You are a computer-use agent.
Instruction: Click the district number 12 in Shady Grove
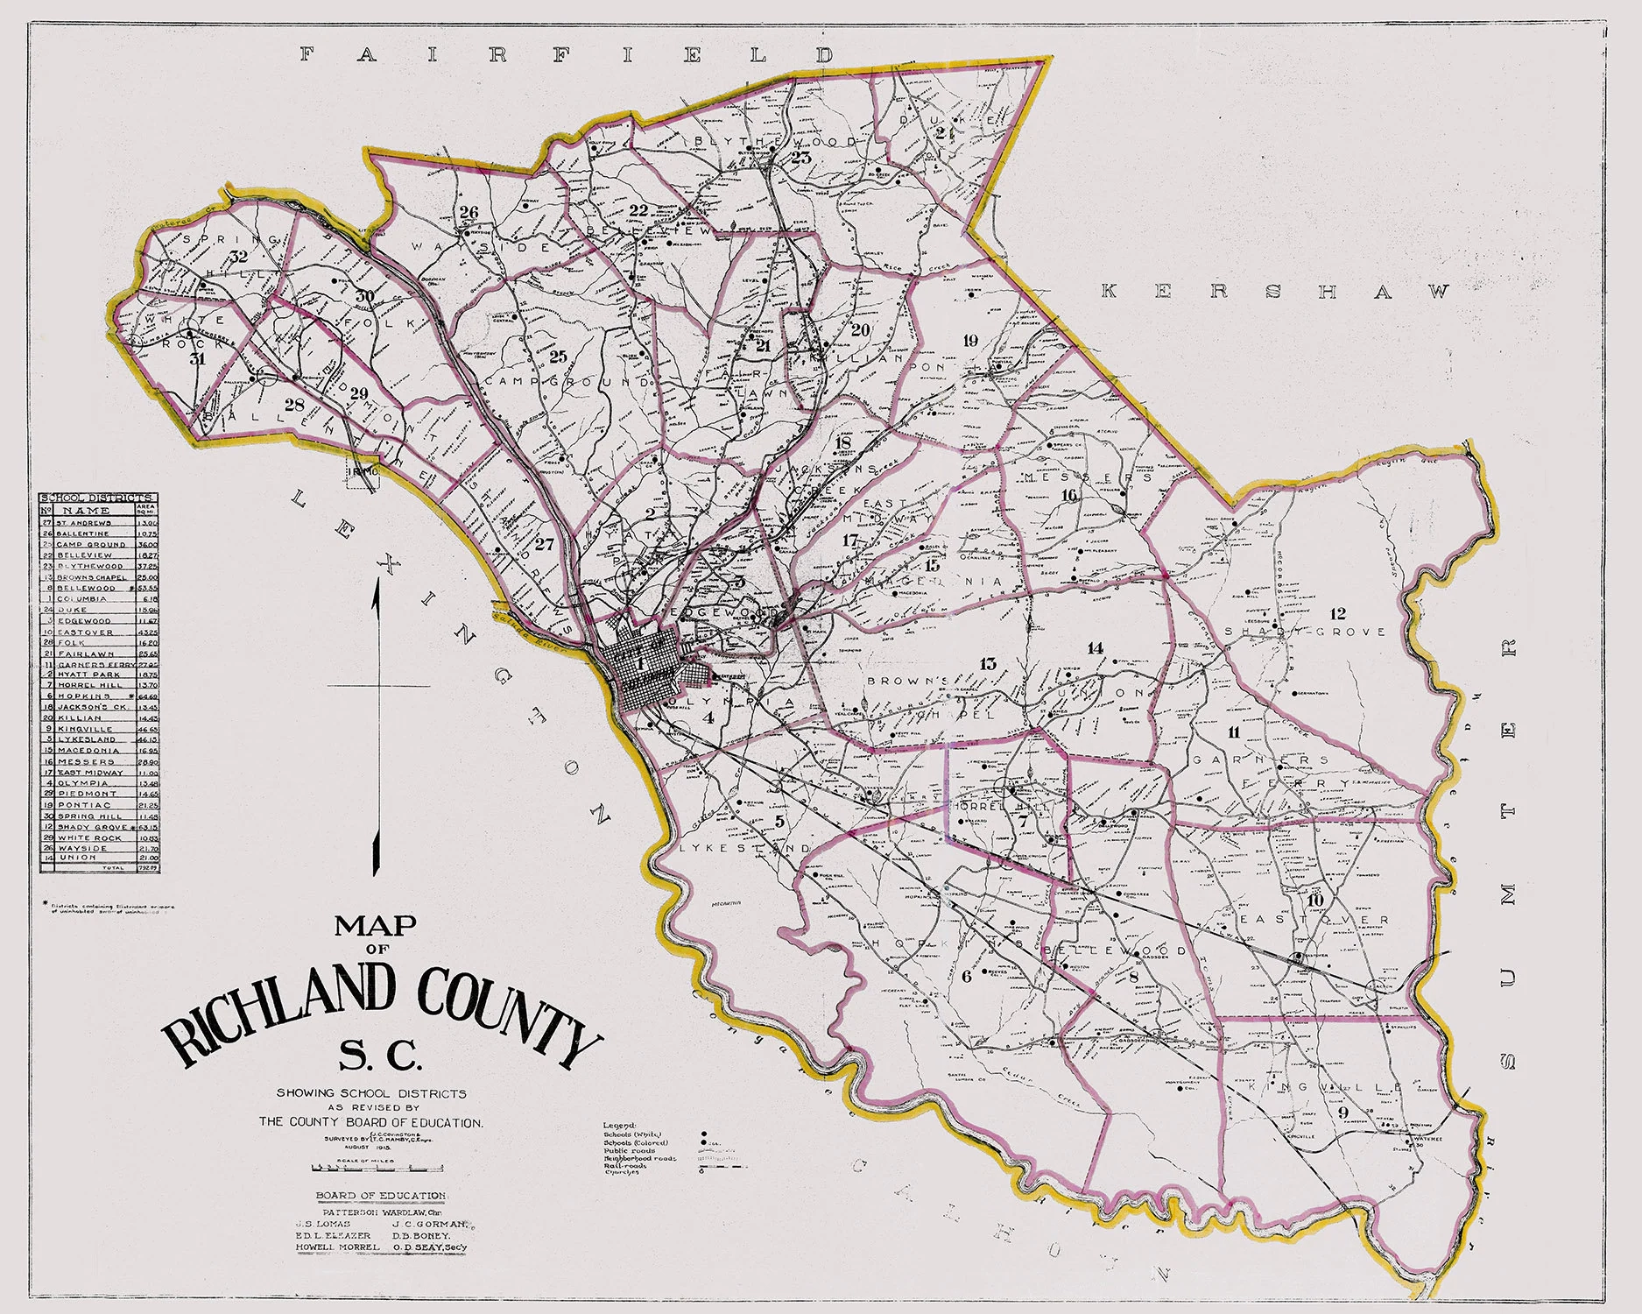(1337, 613)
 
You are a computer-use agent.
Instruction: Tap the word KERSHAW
(1274, 292)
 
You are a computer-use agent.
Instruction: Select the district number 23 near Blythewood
(802, 158)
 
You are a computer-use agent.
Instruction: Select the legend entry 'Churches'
(622, 1173)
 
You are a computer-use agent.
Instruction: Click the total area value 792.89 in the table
(148, 867)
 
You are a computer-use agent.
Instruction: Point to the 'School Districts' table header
(98, 498)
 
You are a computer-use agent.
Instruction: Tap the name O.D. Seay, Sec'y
(430, 1247)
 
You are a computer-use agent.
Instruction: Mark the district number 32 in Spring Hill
(238, 257)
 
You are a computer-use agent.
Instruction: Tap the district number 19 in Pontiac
(969, 341)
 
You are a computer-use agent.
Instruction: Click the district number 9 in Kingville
(1342, 1113)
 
